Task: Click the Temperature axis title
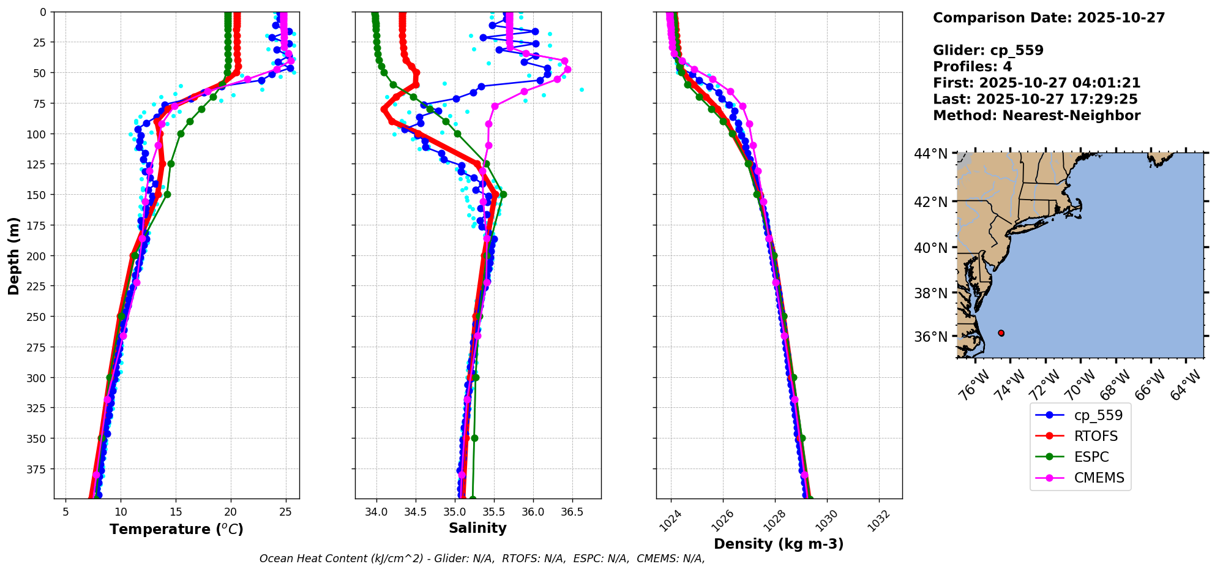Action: click(x=176, y=529)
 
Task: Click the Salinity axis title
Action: click(x=477, y=528)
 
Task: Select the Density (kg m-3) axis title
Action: click(x=779, y=544)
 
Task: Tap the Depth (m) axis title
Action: click(x=13, y=255)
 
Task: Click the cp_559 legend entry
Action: click(x=1098, y=415)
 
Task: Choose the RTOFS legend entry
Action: click(x=1096, y=436)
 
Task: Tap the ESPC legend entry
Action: click(x=1091, y=457)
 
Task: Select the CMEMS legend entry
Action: click(x=1099, y=478)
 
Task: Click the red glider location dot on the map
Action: click(x=1001, y=333)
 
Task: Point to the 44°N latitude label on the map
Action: click(x=930, y=154)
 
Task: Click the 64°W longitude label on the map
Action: click(x=1185, y=386)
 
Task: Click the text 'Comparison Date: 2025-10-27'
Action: click(x=1049, y=18)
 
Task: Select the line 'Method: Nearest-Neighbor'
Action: click(x=1036, y=116)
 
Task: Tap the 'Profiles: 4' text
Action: click(x=972, y=67)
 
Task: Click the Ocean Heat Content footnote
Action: click(x=482, y=559)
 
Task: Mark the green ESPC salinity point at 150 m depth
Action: click(x=503, y=195)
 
